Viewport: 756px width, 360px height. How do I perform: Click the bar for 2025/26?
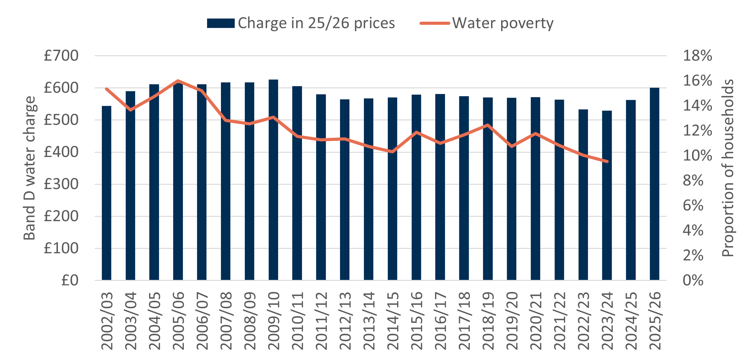655,184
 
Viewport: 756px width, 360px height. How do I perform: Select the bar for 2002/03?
107,193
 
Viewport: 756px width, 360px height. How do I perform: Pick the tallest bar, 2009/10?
273,180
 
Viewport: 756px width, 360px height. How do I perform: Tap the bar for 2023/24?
607,195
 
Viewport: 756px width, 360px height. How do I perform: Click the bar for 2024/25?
631,190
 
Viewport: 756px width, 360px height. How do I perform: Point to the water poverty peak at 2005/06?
178,81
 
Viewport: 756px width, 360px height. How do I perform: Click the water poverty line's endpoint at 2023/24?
607,161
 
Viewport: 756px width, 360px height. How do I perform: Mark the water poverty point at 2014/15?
392,152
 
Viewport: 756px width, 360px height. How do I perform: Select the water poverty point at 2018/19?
488,125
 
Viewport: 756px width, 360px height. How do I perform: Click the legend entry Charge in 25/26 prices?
301,23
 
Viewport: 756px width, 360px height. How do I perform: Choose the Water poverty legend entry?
487,23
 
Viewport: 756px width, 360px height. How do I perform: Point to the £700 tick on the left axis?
61,56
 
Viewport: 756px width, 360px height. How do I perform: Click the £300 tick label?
61,184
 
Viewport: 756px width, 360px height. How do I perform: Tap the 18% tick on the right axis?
697,56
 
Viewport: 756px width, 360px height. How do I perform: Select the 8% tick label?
693,181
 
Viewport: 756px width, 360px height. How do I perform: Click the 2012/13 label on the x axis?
345,320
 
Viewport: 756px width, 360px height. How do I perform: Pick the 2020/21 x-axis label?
535,320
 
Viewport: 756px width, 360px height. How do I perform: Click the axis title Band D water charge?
30,168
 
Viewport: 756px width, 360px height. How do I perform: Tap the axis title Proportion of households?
728,168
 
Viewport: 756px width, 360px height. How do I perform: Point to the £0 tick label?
70,280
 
